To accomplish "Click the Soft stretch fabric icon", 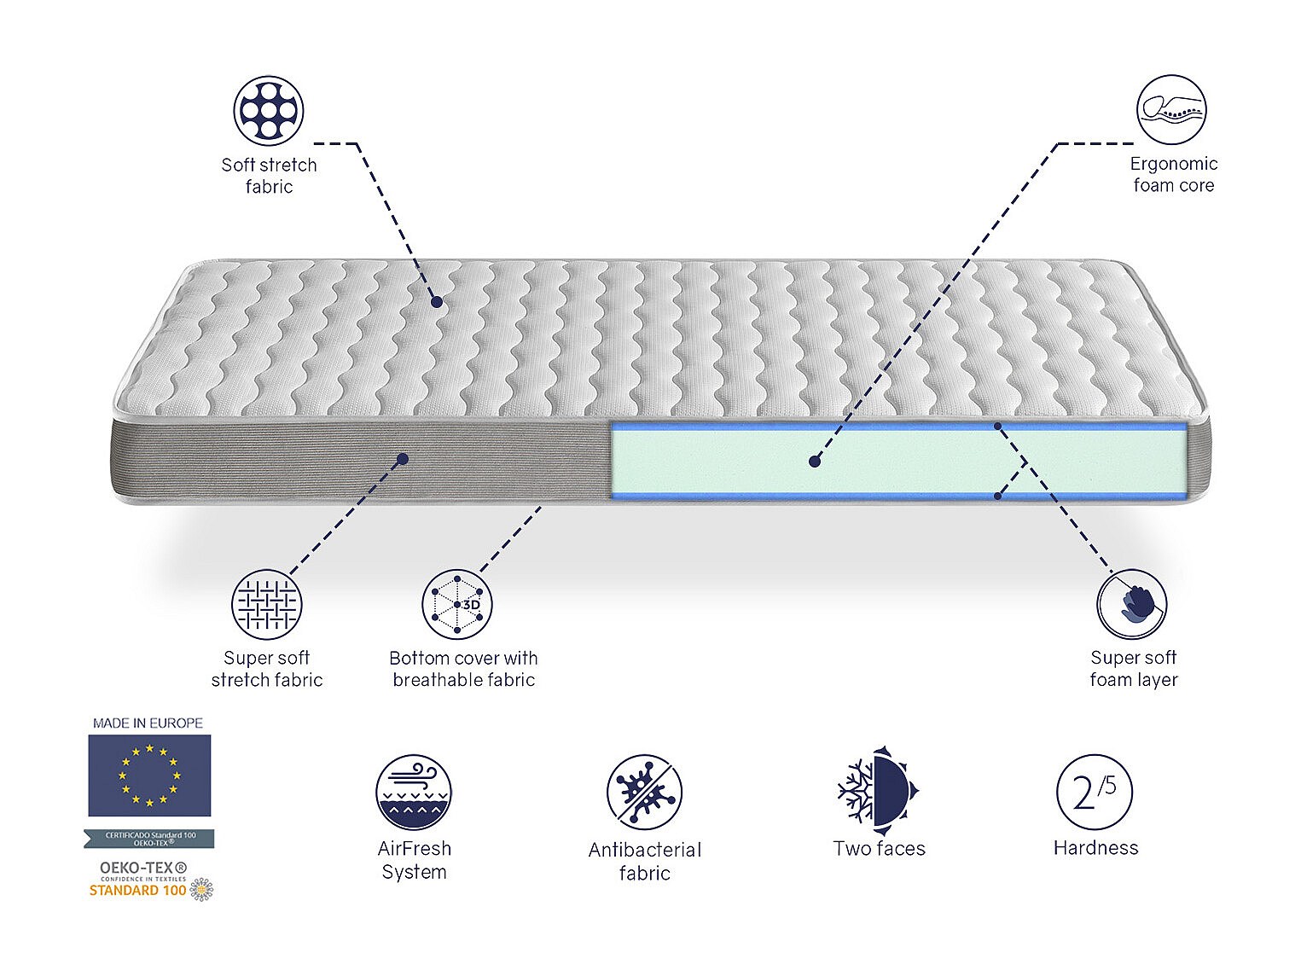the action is coord(269,111).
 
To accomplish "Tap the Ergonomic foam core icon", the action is coord(1171,110).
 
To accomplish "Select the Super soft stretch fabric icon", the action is coord(267,604).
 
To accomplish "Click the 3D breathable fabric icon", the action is coord(457,604).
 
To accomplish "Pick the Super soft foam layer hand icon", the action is coord(1132,604).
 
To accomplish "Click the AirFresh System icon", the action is coord(414,792).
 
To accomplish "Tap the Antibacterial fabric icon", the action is coord(644,792).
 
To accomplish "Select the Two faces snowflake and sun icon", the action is coord(878,791).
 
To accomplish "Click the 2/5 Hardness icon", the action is coord(1095,792).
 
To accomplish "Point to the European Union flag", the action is coord(149,776).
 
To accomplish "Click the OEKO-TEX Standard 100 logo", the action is coord(150,880).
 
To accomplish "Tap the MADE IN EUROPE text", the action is coord(148,723).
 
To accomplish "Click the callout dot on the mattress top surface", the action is coord(437,301).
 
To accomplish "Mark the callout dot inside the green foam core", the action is coord(815,461).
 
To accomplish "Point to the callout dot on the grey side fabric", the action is coord(403,458).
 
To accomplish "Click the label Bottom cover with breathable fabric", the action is coord(463,669).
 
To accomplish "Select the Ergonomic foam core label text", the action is coord(1173,174).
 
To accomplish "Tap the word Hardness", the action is coord(1095,847).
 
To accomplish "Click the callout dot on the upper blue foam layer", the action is coord(998,425).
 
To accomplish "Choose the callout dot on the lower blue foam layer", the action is coord(998,494).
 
